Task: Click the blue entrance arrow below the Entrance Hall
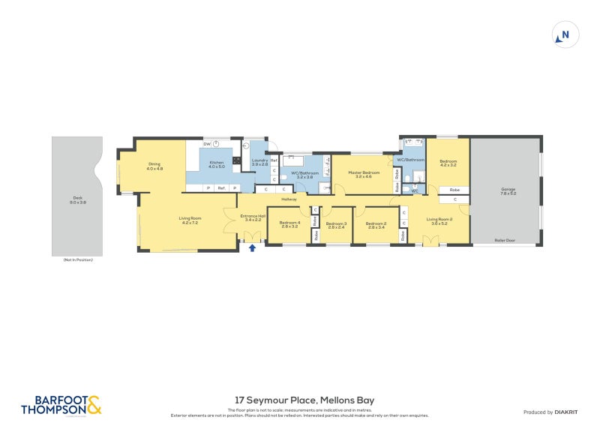tap(252, 247)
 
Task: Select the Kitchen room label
tap(217, 164)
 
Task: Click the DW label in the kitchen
tap(206, 144)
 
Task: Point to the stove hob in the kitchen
tap(236, 159)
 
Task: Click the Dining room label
tap(154, 166)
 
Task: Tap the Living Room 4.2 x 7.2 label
tap(187, 220)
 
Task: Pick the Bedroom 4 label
tap(289, 223)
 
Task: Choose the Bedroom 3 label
tap(335, 224)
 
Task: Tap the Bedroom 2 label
tap(375, 223)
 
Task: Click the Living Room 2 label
tap(439, 220)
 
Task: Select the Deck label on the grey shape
tap(76, 199)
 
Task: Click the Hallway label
tap(289, 199)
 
